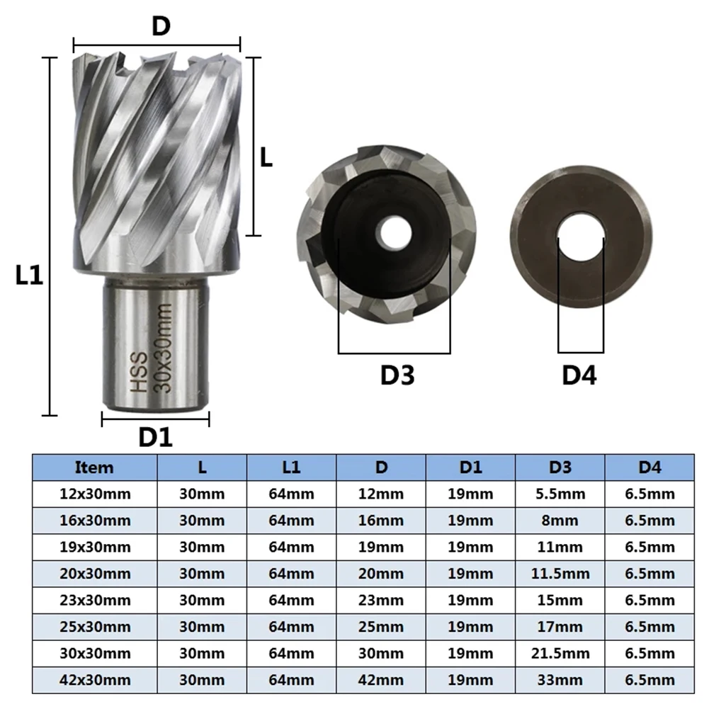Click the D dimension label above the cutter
tap(161, 26)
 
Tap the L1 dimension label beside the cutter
tap(30, 276)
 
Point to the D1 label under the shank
tap(155, 437)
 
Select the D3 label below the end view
tap(397, 375)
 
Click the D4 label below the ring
tap(579, 376)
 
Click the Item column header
tap(94, 467)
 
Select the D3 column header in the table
tap(560, 467)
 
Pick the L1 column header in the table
tap(291, 467)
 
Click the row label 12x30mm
tap(94, 494)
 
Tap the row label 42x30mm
tap(94, 681)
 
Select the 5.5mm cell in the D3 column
tap(560, 494)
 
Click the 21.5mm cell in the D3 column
tap(560, 654)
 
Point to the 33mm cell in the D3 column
tap(560, 681)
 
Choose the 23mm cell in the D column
tap(381, 601)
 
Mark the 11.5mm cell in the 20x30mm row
tap(560, 574)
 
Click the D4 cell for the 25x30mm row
tap(650, 628)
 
